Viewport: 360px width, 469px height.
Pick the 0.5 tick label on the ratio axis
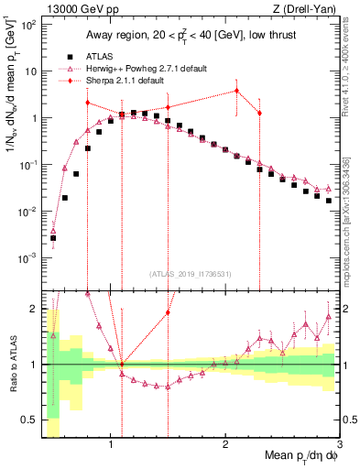27,420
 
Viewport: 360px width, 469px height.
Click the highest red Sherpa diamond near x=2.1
236,90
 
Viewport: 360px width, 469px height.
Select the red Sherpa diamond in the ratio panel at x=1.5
168,312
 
